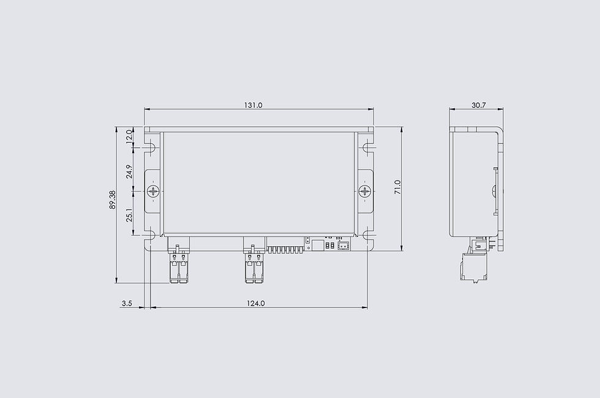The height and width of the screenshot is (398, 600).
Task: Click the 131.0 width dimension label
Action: click(253, 105)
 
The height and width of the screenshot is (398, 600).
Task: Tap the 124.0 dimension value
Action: click(256, 303)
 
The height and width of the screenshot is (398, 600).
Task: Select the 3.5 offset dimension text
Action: click(127, 303)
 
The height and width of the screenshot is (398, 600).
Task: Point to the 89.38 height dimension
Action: click(113, 200)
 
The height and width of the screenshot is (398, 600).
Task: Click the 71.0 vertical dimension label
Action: click(397, 187)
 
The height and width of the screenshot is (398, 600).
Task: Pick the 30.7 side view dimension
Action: click(478, 105)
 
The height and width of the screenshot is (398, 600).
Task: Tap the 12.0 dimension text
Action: click(129, 136)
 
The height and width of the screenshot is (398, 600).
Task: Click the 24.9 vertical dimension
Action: click(129, 171)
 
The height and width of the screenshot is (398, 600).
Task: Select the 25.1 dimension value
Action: click(129, 215)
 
